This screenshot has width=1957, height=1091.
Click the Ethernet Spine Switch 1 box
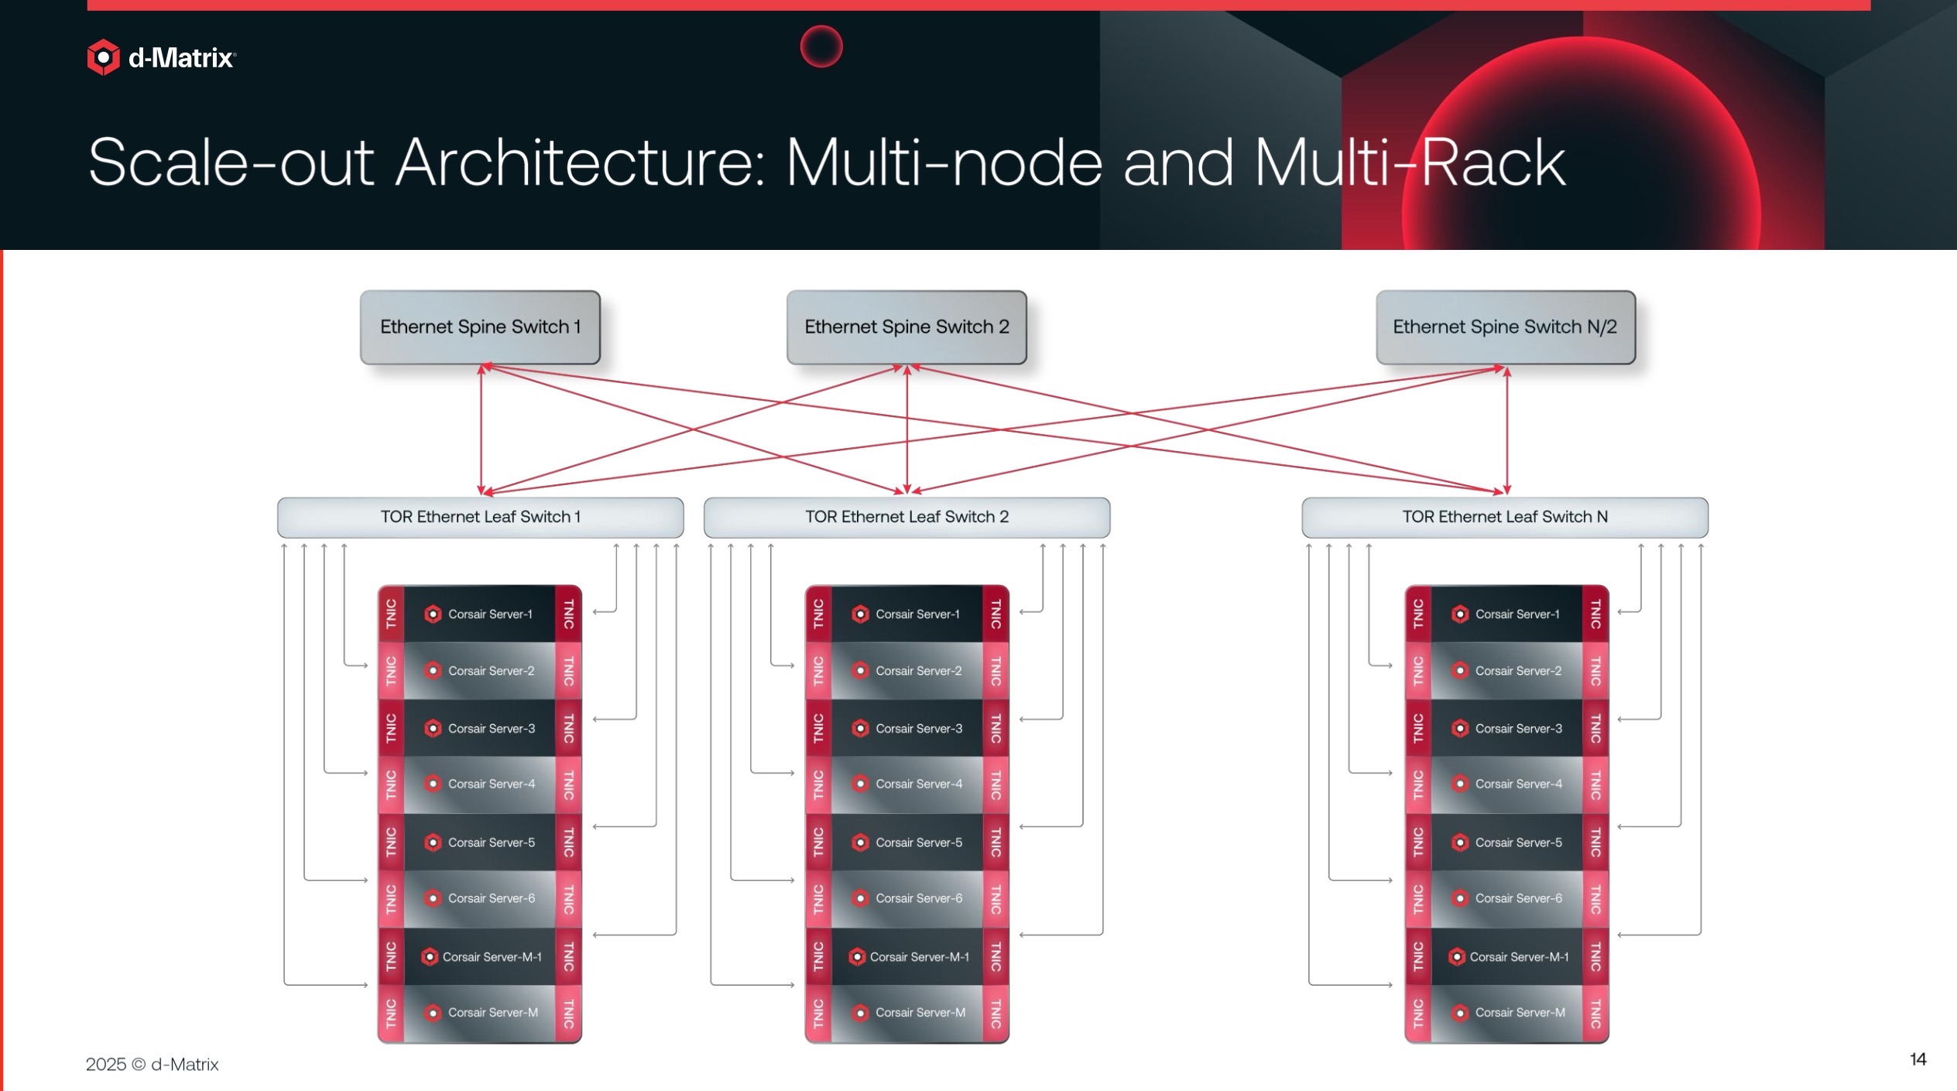(x=480, y=327)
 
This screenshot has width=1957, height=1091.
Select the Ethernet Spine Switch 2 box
(x=907, y=327)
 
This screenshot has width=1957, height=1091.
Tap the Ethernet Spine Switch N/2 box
(x=1505, y=327)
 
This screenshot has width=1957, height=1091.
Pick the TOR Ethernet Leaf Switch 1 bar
(x=480, y=517)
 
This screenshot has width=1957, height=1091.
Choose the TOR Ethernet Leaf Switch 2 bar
(x=907, y=517)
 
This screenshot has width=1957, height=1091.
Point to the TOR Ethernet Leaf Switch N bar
(x=1504, y=517)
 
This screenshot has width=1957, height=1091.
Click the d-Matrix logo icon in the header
(x=103, y=57)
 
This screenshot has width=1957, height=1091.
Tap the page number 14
(x=1918, y=1059)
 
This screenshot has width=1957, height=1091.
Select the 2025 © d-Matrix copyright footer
(x=152, y=1065)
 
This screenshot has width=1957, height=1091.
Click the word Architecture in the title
(x=581, y=162)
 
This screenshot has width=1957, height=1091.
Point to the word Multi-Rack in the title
(x=1410, y=162)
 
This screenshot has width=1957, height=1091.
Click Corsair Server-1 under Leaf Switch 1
(x=480, y=614)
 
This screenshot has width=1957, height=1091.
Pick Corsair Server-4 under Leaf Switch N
(x=1507, y=784)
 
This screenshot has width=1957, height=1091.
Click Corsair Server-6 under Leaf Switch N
(x=1507, y=898)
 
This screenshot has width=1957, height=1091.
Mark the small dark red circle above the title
(x=821, y=46)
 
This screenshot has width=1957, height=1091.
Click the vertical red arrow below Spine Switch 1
(x=481, y=429)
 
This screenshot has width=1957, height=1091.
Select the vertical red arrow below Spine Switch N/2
(x=1506, y=429)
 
